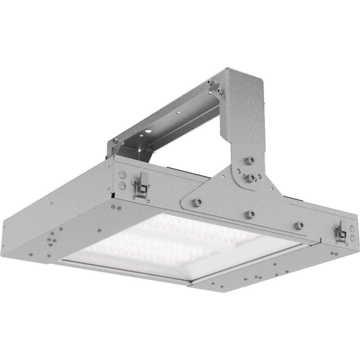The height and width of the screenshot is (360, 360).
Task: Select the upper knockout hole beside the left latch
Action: point(121,173)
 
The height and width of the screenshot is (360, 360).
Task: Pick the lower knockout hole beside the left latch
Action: point(121,184)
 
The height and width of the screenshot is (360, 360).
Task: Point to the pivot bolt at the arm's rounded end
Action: point(252,178)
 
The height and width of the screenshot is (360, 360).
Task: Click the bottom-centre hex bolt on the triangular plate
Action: point(250,214)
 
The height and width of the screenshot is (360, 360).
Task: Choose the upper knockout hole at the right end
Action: point(352,228)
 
